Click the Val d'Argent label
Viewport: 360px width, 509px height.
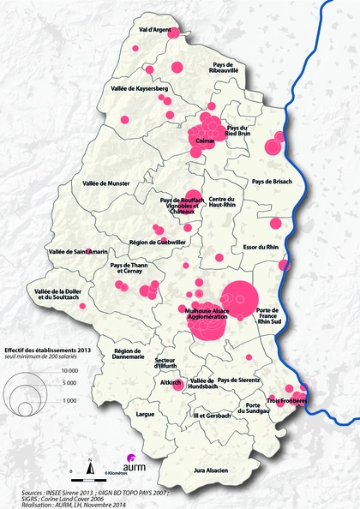pyautogui.click(x=155, y=31)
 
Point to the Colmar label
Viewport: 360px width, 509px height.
pyautogui.click(x=203, y=140)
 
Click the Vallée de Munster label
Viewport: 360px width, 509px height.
pyautogui.click(x=105, y=183)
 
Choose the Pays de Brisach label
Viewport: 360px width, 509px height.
pyautogui.click(x=272, y=182)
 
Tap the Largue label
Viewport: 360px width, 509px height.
pyautogui.click(x=144, y=414)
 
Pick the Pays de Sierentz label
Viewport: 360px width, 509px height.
pyautogui.click(x=236, y=379)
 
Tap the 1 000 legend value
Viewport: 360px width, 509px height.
pyautogui.click(x=69, y=400)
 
